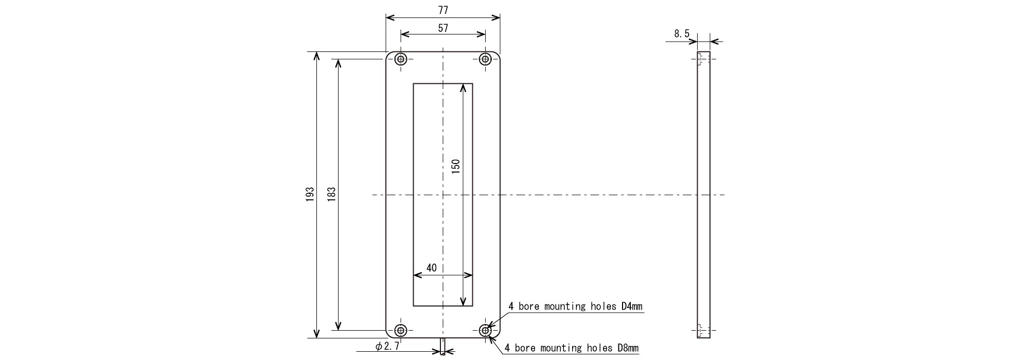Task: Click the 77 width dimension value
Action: [443, 10]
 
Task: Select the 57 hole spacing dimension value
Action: [443, 28]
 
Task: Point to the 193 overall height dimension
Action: [310, 194]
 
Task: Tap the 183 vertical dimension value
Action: [331, 194]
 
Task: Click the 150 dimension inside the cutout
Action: [455, 167]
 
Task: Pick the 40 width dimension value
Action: [431, 268]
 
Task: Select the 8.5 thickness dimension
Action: [682, 34]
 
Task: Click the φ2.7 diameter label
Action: [387, 347]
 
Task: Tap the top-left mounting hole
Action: [401, 59]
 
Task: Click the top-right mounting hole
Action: [485, 59]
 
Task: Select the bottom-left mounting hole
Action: [401, 330]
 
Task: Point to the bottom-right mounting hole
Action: [485, 330]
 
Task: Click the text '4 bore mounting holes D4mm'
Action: [576, 307]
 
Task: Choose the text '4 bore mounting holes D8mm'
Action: [572, 348]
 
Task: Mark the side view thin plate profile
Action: [704, 195]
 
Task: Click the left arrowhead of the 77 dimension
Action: [390, 17]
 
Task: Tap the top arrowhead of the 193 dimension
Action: [316, 56]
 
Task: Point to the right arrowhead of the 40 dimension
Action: [468, 275]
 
